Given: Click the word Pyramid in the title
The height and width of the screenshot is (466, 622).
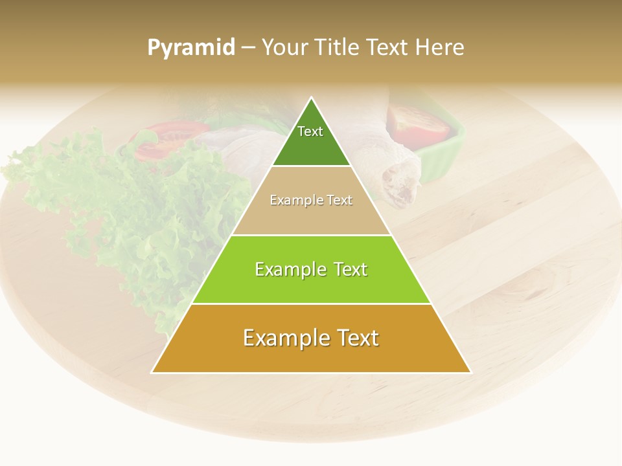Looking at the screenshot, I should tap(190, 48).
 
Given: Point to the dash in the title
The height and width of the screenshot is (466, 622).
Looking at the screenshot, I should tap(248, 48).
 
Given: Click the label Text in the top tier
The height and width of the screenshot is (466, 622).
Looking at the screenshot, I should tap(310, 131).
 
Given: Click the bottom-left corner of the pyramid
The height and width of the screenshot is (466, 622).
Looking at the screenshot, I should tap(153, 372).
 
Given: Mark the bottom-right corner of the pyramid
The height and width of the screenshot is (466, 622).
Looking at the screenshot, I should tap(470, 372).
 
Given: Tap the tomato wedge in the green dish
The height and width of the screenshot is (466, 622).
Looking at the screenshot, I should tap(418, 126).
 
